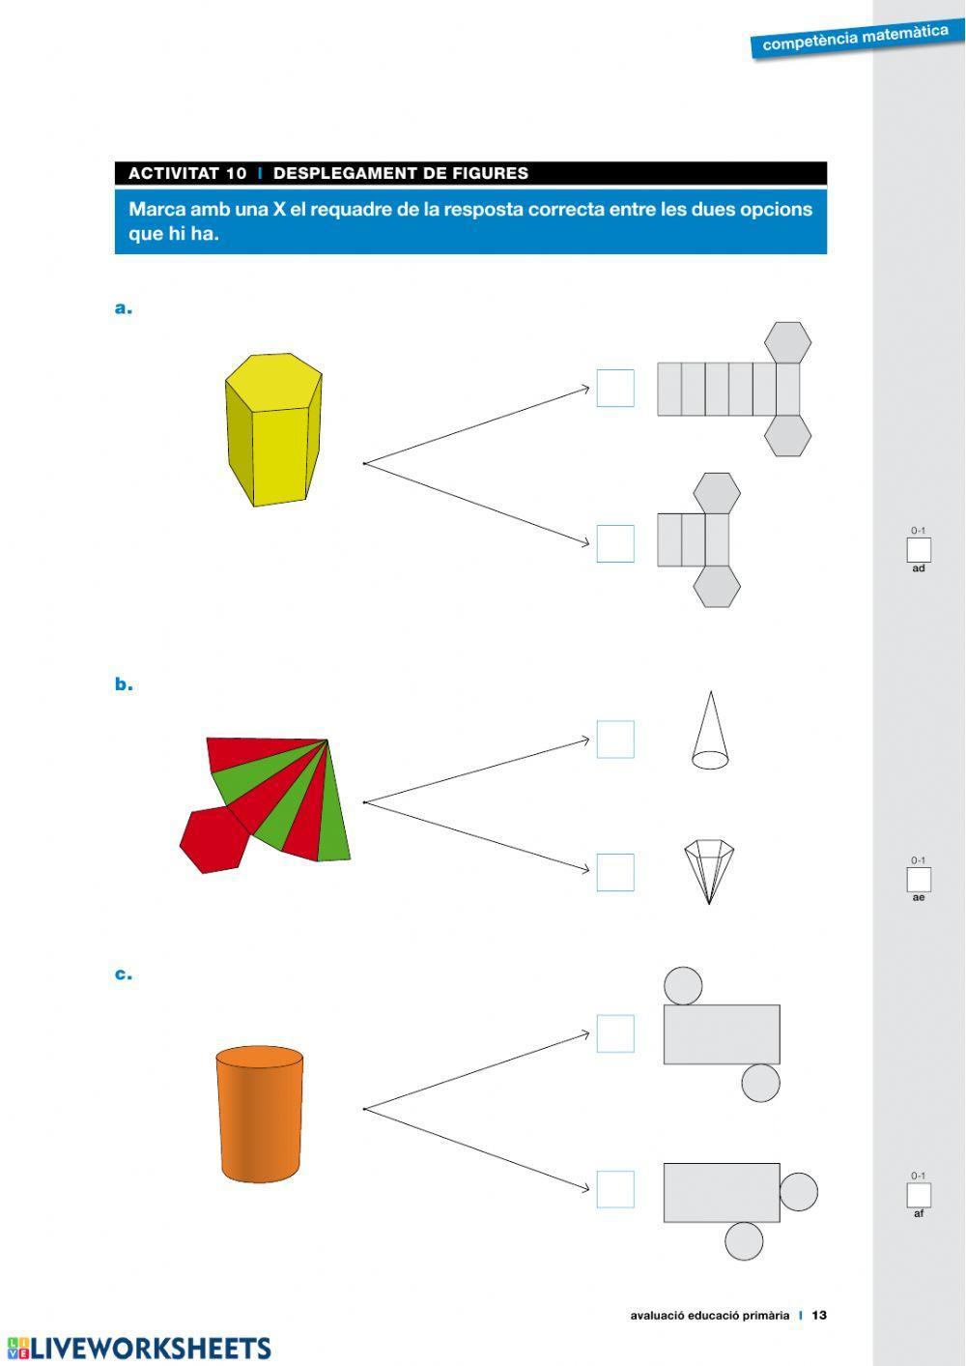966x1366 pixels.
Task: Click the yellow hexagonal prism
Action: (x=273, y=430)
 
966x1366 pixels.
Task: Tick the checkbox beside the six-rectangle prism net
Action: (x=615, y=388)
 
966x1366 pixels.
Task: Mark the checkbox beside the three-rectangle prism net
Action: (x=615, y=543)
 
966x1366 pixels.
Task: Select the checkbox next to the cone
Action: (x=615, y=740)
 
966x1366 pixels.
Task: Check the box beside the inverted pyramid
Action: (x=615, y=872)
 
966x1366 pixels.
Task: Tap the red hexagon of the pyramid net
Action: (x=213, y=840)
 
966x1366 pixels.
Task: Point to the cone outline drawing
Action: (x=710, y=730)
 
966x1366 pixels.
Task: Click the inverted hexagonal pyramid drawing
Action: (x=709, y=872)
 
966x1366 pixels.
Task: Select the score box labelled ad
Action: (x=919, y=549)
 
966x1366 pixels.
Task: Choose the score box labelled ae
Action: (x=919, y=880)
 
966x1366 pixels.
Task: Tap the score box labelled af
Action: (x=919, y=1195)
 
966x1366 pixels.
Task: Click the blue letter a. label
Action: (x=123, y=308)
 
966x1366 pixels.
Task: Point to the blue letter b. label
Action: (x=124, y=683)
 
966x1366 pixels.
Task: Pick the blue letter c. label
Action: (x=123, y=974)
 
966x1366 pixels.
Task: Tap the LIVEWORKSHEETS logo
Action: (x=139, y=1348)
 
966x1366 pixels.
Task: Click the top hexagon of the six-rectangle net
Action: (x=787, y=343)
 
